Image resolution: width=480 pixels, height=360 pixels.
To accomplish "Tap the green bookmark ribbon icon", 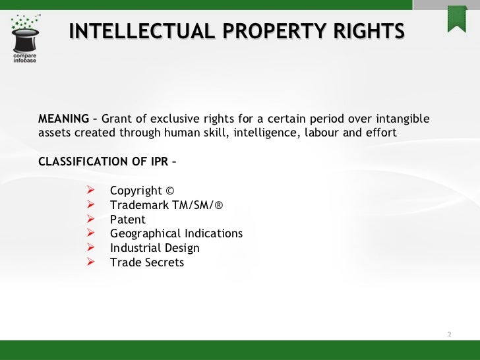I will coord(457,18).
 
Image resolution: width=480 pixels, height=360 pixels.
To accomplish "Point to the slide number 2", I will coord(449,334).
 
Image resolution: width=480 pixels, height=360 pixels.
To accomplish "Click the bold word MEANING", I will coord(63,119).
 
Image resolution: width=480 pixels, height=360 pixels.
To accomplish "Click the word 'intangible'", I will coord(402,119).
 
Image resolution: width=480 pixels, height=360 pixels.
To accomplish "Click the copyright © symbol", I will coord(170,191).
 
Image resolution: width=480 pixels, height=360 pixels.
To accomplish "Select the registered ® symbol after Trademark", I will coord(219,206).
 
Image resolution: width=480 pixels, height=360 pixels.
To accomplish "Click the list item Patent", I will coord(127,220).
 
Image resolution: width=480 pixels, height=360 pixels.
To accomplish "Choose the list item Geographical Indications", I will coord(176,234).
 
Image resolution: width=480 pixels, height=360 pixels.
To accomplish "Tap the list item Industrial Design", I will coord(154,249).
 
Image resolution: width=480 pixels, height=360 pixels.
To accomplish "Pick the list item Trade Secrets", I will coord(147,262).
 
